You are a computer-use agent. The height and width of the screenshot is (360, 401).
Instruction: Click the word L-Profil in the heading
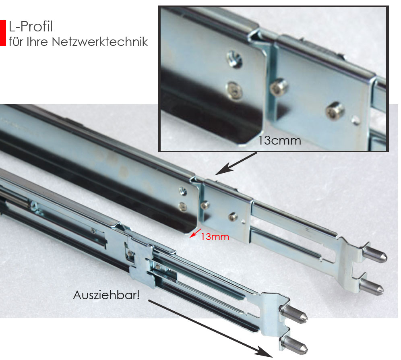tap(31, 27)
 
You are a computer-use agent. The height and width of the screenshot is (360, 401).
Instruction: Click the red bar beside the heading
tap(3, 33)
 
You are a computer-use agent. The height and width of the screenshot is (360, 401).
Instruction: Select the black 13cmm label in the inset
tap(279, 141)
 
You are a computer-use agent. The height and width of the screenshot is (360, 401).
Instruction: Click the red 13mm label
tap(215, 237)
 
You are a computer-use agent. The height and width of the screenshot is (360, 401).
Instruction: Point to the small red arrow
tap(195, 233)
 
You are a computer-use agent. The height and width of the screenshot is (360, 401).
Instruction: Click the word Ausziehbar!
tap(106, 295)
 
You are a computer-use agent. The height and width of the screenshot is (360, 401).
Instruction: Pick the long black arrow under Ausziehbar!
tap(210, 329)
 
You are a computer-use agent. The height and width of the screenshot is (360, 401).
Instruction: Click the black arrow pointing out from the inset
tap(236, 164)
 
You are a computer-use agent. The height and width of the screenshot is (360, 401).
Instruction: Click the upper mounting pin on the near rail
tap(294, 314)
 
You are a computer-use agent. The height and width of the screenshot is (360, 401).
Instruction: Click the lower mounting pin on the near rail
tap(294, 344)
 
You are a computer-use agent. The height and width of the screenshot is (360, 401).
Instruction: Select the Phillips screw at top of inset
tap(235, 59)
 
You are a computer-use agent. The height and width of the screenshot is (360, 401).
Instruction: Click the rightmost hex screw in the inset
tap(335, 110)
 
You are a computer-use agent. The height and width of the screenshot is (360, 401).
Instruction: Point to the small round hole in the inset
tap(356, 120)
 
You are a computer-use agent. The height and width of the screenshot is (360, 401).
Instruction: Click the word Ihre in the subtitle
tap(37, 41)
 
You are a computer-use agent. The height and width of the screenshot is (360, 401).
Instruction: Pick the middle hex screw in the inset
tap(279, 87)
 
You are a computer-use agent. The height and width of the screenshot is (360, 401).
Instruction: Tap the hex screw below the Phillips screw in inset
tap(234, 90)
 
